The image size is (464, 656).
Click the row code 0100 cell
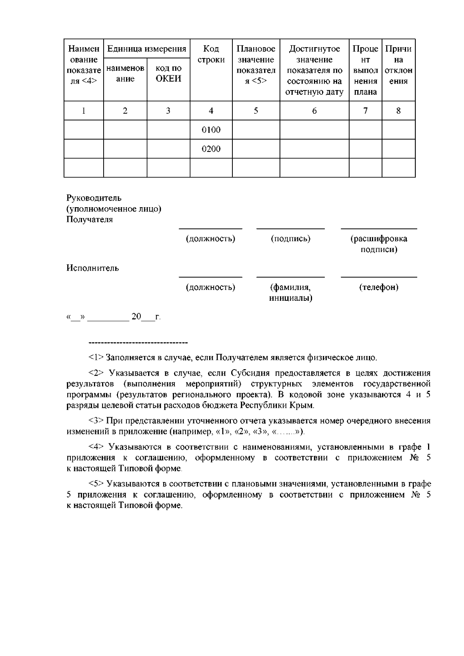(211, 129)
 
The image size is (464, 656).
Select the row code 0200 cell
(211, 149)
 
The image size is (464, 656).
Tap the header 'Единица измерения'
(147, 49)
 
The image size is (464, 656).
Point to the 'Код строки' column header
(211, 54)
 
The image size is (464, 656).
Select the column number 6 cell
(314, 111)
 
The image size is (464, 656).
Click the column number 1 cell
(84, 111)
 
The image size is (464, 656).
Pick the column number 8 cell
(398, 111)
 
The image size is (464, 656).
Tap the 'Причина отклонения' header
(398, 65)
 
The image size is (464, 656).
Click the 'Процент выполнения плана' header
(365, 70)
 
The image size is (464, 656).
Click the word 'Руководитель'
(94, 198)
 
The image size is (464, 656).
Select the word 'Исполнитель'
(93, 268)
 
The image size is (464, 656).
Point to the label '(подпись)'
(290, 239)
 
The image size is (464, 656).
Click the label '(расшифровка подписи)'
(379, 244)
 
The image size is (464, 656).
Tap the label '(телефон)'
(379, 287)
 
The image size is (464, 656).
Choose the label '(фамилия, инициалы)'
(290, 293)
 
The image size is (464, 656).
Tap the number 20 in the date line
(136, 317)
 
